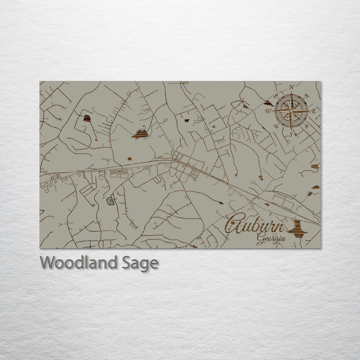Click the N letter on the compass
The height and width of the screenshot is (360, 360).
pyautogui.click(x=291, y=88)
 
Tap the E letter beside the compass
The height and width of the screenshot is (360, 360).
pyautogui.click(x=313, y=112)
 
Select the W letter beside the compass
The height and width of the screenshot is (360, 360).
pyautogui.click(x=268, y=111)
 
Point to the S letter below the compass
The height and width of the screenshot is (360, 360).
pyautogui.click(x=291, y=134)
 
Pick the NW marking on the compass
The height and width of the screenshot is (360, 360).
pyautogui.click(x=276, y=97)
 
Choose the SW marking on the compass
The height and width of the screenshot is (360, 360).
pyautogui.click(x=276, y=126)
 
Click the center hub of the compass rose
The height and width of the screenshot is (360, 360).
pyautogui.click(x=291, y=111)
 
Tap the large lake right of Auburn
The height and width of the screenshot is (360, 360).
pyautogui.click(x=297, y=229)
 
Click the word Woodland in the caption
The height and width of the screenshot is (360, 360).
pyautogui.click(x=79, y=263)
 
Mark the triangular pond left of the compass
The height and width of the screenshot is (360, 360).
pyautogui.click(x=269, y=103)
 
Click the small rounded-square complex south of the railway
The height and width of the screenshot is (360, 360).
pyautogui.click(x=110, y=201)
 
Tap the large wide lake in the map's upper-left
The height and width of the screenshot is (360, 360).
pyautogui.click(x=140, y=134)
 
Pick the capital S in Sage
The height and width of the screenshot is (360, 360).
pyautogui.click(x=125, y=263)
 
